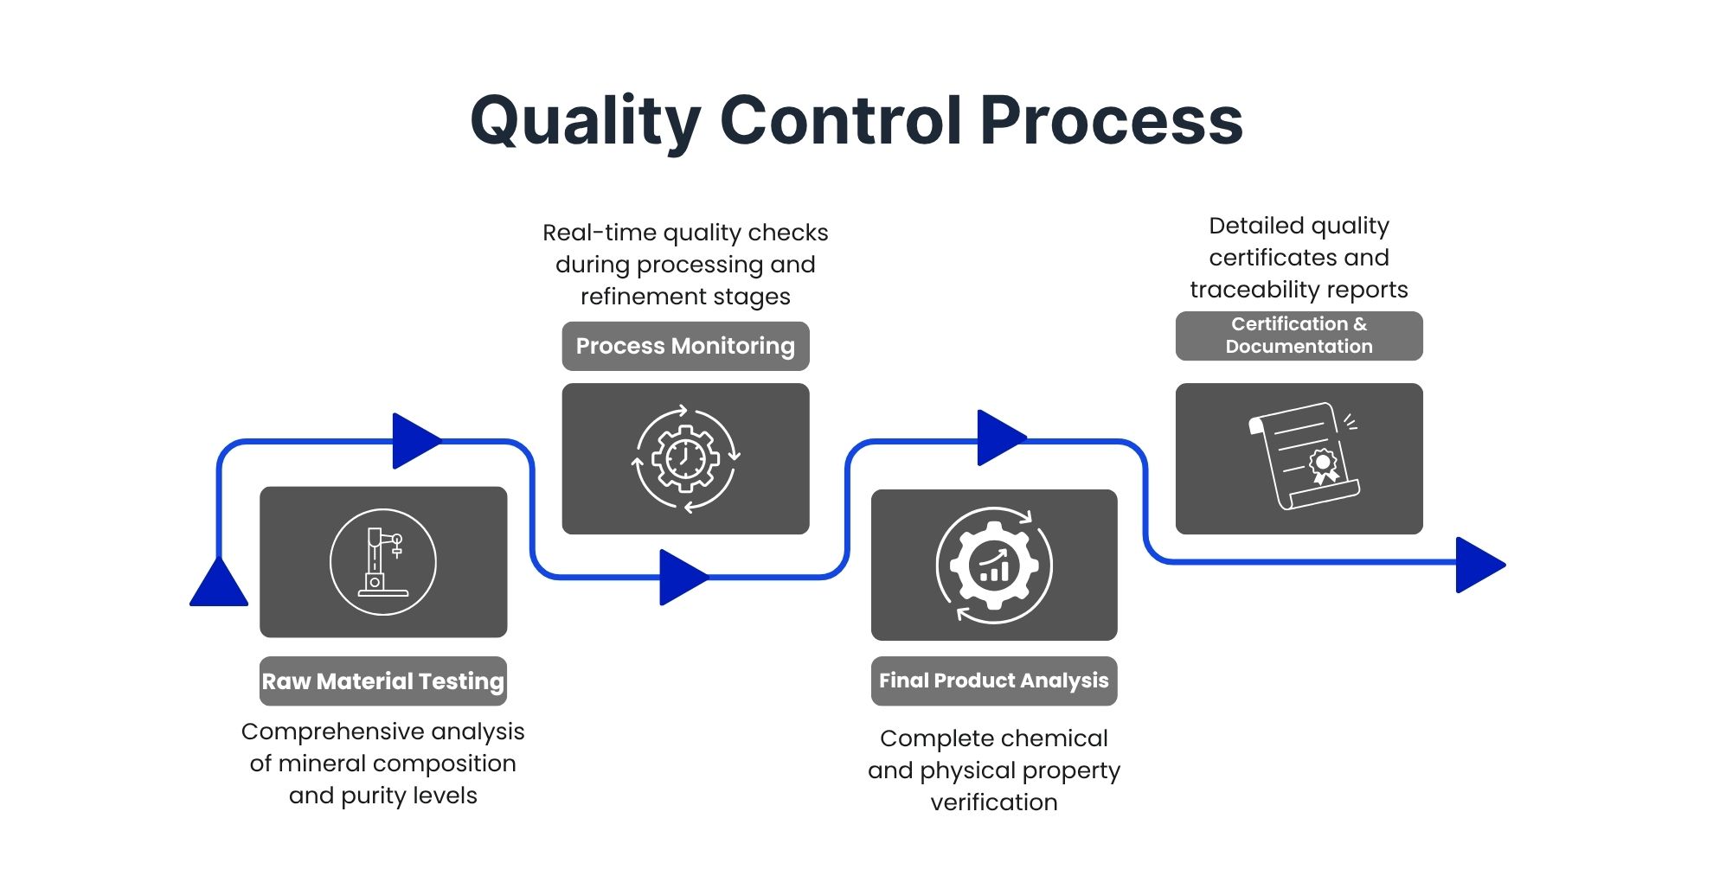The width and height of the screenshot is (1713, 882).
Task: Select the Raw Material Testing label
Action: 383,681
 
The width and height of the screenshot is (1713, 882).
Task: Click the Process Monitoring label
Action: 685,346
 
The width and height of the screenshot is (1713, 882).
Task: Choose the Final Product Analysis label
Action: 994,681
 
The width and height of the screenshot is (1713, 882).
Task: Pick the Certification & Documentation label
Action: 1299,336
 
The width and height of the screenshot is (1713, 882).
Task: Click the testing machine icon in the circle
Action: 383,562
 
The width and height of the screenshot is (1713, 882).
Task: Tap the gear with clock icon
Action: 685,458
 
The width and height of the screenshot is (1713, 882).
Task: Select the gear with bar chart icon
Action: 994,565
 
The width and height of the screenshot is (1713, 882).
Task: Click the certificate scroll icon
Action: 1303,456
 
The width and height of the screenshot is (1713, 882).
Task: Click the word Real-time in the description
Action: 600,233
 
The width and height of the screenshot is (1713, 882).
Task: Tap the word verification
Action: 994,802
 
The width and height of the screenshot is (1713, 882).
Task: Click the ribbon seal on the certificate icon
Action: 1323,465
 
